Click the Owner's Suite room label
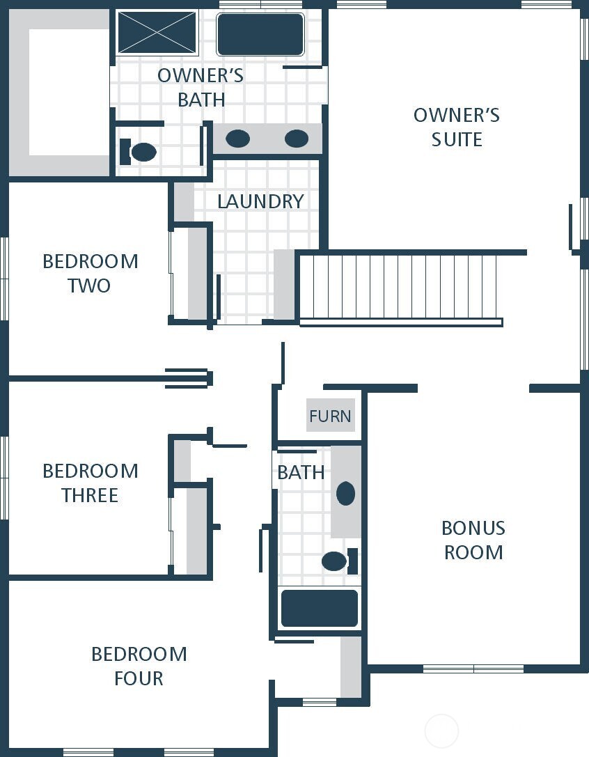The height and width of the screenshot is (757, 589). pos(456,127)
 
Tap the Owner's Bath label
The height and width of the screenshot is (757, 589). pos(201,87)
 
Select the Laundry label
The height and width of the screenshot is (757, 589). pos(260,201)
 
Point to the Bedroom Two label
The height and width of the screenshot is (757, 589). pos(90,273)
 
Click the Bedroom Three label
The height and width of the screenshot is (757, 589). pos(90,483)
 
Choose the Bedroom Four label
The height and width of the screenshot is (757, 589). pos(139,666)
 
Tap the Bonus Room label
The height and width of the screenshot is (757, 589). pos(473,540)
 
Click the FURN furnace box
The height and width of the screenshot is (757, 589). pos(330,416)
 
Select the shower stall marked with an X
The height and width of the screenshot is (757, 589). pos(157,32)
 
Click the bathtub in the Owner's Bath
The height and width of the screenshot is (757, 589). pos(260,34)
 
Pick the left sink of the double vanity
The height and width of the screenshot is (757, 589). pos(237,139)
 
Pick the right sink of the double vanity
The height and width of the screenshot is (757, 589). pos(297,139)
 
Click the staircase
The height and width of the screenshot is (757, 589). pos(400,287)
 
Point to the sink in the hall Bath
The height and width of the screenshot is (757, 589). pos(345,493)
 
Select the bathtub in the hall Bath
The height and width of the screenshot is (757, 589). pos(320,608)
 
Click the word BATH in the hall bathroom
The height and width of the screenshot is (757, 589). pos(301,472)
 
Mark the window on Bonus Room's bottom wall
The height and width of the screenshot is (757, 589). pos(473,669)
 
